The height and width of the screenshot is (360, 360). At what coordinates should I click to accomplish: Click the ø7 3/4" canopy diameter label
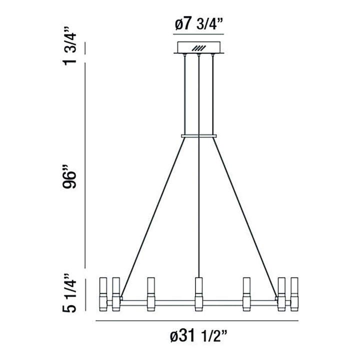(x=198, y=23)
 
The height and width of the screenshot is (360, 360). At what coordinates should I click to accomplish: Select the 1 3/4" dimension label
(x=70, y=47)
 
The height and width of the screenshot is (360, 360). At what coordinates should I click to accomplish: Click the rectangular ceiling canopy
(x=199, y=49)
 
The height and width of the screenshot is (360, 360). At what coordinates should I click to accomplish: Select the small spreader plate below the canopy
(x=199, y=135)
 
